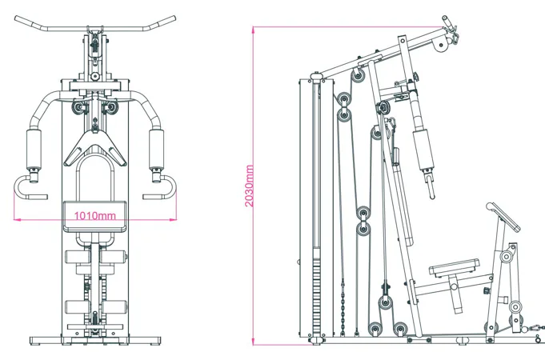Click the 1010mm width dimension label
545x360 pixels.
pyautogui.click(x=94, y=215)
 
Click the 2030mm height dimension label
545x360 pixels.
pyautogui.click(x=250, y=186)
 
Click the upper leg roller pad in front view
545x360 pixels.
pyautogui.click(x=96, y=258)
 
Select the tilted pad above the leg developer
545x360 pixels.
pyautogui.click(x=502, y=212)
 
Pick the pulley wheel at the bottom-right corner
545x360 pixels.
pyautogui.click(x=514, y=306)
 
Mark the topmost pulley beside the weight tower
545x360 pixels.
pyautogui.click(x=358, y=74)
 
